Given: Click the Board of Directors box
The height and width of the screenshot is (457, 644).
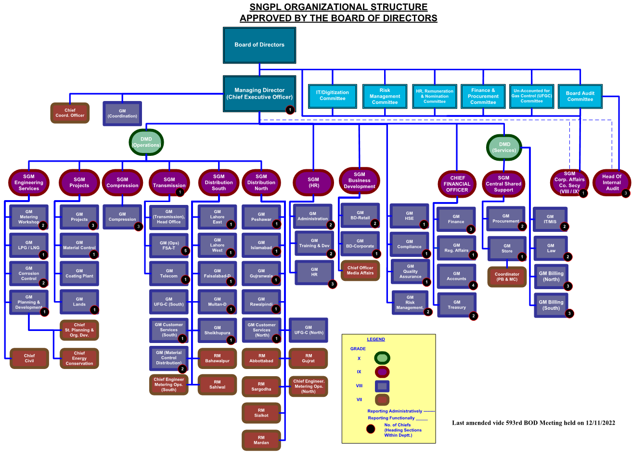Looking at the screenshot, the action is coord(259,45).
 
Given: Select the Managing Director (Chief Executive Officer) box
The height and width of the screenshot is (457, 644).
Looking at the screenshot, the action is coord(259,94).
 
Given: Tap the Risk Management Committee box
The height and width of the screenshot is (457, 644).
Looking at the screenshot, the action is coord(385,96).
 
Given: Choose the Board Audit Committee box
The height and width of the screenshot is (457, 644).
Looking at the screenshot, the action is coord(580,96).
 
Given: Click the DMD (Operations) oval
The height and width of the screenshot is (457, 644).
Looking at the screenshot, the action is coord(146,142).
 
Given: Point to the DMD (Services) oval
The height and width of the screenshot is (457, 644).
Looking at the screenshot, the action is coord(504,148).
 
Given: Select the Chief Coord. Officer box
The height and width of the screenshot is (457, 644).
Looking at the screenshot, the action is coord(70,113).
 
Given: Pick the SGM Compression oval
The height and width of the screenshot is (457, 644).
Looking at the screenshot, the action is coord(122,182).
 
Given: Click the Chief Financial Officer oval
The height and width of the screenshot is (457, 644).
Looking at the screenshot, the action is coord(457,184).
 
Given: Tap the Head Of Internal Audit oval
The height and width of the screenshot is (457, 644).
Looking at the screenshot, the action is coord(612,182).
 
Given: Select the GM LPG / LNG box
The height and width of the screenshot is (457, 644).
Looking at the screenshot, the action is coord(29,245).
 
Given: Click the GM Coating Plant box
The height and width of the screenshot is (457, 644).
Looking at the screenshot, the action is coord(79,273).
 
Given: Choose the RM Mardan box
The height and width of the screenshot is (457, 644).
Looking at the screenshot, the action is coord(261,440).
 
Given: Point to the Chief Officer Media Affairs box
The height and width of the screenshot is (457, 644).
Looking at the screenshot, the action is coord(360,270).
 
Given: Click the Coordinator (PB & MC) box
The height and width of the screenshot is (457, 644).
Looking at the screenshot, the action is coord(507,277).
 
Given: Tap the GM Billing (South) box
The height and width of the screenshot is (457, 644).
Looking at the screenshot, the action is coord(551,305).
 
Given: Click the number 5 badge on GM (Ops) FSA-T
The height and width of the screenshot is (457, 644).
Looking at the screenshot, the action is coord(185,251).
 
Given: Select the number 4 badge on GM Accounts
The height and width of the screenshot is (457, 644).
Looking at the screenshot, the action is coord(473,285).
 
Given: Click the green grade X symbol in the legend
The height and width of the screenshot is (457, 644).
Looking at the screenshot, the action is coord(382,358).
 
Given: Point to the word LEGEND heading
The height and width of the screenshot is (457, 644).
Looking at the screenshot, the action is coord(376,339).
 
